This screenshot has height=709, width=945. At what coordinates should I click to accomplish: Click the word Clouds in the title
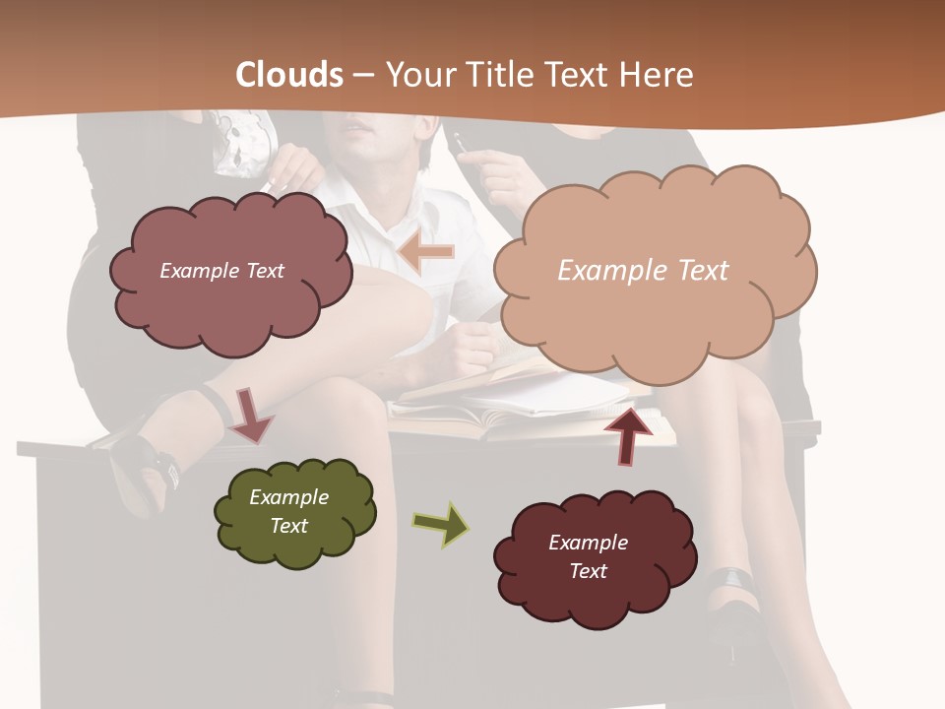tap(289, 75)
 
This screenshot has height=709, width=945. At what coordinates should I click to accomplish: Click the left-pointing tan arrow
tap(426, 253)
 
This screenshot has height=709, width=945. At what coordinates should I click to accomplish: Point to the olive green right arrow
tap(441, 524)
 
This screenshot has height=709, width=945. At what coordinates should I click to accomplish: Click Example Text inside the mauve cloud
tap(221, 271)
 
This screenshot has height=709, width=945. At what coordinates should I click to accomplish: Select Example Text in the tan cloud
tap(643, 271)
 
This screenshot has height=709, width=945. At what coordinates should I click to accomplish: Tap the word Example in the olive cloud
tap(288, 497)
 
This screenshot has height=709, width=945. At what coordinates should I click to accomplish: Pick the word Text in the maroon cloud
tap(588, 571)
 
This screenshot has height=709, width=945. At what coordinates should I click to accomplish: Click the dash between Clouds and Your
tap(362, 76)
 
